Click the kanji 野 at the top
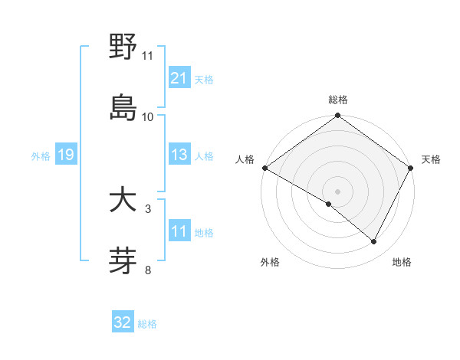click(x=123, y=47)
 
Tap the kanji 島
click(x=123, y=107)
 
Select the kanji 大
click(x=123, y=201)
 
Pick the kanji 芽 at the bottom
click(x=123, y=260)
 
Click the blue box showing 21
click(x=179, y=77)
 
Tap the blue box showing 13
click(x=179, y=155)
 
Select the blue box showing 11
click(x=179, y=231)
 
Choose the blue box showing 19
click(x=65, y=155)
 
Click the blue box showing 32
click(x=123, y=322)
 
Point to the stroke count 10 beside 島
click(x=148, y=117)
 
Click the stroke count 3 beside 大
click(x=148, y=208)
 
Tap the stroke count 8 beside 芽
click(x=148, y=269)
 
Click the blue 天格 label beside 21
click(x=204, y=79)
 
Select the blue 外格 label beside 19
click(x=41, y=156)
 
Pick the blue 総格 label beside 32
click(x=147, y=324)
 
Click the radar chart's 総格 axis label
click(x=337, y=100)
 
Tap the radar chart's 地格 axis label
click(x=402, y=262)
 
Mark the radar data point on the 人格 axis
click(x=264, y=168)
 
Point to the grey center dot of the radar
click(x=337, y=191)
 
